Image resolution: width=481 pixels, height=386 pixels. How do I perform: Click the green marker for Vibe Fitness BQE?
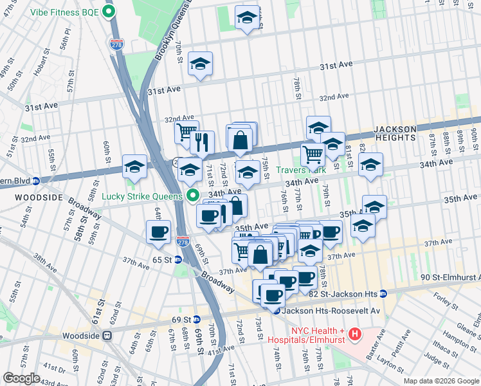tap(109, 12)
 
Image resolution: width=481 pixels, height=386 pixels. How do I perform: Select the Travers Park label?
tap(301, 170)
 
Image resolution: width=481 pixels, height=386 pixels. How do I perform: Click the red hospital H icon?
tap(354, 334)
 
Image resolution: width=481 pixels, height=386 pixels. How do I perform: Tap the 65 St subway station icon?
tap(178, 260)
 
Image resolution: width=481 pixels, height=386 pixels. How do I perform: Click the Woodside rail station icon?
tap(108, 335)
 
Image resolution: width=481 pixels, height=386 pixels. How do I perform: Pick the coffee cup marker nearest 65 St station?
tap(158, 232)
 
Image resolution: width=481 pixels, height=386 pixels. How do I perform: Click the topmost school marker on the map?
tap(247, 17)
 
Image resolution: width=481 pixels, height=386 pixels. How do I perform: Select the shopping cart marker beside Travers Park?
tap(313, 154)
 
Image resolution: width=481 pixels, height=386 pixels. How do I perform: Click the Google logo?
tap(22, 378)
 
